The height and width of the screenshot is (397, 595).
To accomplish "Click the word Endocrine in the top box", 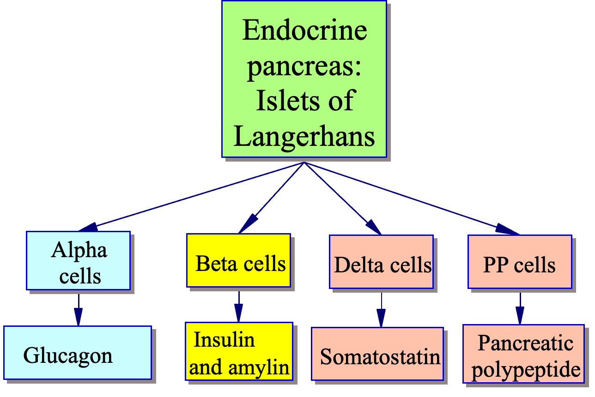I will (304, 30).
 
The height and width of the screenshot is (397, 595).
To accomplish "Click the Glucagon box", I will (78, 353).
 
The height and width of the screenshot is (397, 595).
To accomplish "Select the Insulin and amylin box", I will (239, 351).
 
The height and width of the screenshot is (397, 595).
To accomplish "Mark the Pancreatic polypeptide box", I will (523, 354).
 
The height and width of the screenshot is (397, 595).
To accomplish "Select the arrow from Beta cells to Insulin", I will (238, 307).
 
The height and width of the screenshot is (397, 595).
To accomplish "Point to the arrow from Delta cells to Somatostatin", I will (381, 310).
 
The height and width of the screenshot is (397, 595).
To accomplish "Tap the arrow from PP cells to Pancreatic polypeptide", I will (520, 308).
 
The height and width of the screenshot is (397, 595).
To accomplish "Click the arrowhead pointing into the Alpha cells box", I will (89, 227).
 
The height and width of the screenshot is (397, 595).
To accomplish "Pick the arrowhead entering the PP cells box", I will (506, 229).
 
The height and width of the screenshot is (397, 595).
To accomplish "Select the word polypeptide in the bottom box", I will (526, 369).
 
